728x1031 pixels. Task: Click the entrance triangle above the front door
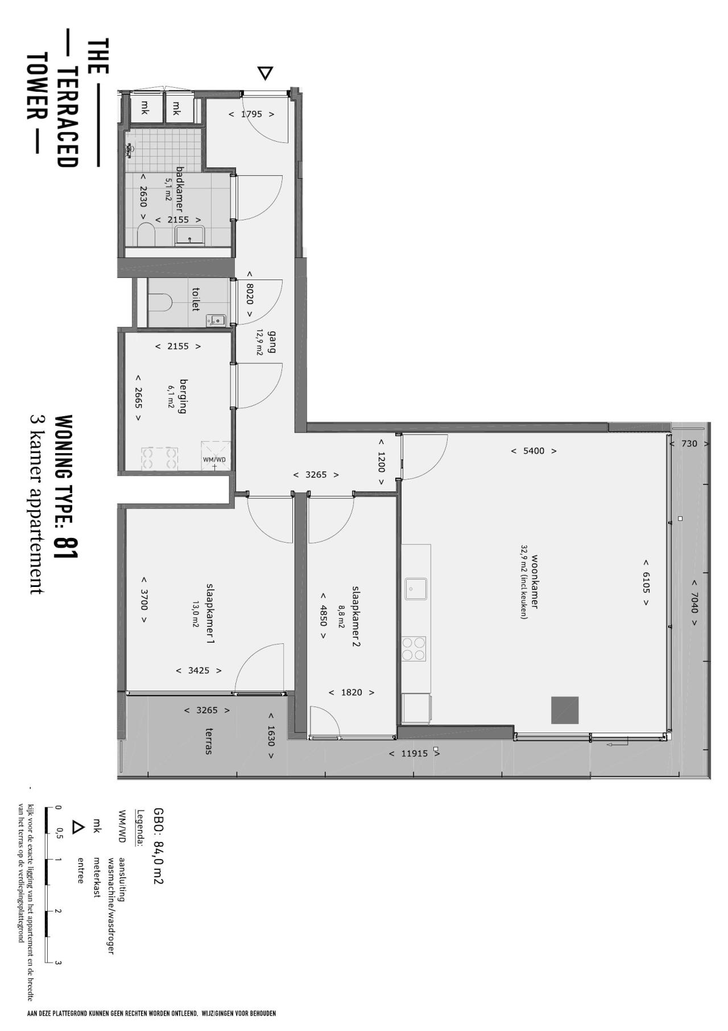[265, 73]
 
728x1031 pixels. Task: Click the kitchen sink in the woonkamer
[416, 589]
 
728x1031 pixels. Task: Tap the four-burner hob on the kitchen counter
[413, 648]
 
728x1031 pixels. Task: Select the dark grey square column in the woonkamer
[565, 710]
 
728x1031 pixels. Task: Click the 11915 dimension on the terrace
[414, 753]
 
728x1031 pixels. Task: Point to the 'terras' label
[210, 741]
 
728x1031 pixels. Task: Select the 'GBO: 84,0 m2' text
[158, 845]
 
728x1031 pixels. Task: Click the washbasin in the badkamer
[190, 235]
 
